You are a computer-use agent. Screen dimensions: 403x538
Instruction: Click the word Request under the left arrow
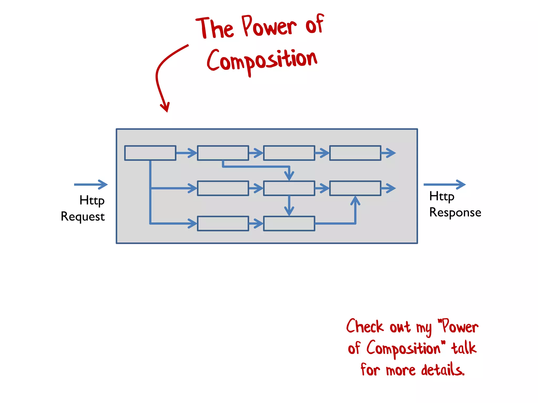click(x=83, y=217)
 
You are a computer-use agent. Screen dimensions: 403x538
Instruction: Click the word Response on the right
click(x=455, y=213)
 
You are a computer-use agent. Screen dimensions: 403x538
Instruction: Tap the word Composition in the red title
click(x=262, y=61)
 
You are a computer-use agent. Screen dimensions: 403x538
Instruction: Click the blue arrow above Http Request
click(x=91, y=184)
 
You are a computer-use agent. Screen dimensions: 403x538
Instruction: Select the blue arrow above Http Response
click(x=444, y=184)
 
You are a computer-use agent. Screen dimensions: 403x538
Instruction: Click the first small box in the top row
click(x=150, y=153)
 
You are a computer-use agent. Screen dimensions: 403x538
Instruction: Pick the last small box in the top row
click(x=355, y=153)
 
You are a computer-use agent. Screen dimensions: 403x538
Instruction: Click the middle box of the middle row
click(x=289, y=188)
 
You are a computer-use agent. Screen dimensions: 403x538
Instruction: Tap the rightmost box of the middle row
click(x=355, y=188)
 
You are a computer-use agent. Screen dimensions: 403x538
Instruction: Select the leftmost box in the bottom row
click(x=223, y=224)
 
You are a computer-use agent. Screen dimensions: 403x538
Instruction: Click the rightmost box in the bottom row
click(x=289, y=224)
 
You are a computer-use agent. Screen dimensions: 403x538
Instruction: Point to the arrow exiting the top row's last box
click(x=389, y=153)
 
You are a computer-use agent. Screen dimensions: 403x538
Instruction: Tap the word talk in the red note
click(x=464, y=348)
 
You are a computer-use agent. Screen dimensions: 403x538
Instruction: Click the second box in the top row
click(x=223, y=153)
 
